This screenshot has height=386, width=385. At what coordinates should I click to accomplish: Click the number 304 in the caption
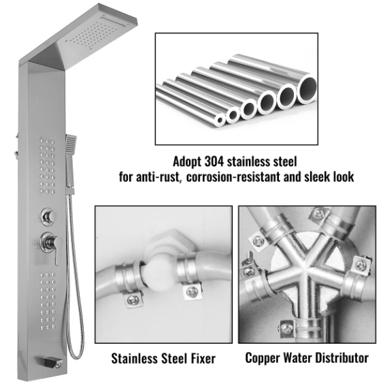(214, 162)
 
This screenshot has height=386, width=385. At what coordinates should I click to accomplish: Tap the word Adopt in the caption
(187, 162)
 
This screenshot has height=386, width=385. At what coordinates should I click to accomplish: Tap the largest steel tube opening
(307, 89)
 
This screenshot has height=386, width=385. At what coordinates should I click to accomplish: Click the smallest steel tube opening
(220, 120)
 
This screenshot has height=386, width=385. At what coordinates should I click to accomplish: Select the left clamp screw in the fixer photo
(133, 299)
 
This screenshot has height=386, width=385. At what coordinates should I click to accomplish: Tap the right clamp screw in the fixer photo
(192, 292)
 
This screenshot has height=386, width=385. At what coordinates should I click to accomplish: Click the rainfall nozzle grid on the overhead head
(93, 35)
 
